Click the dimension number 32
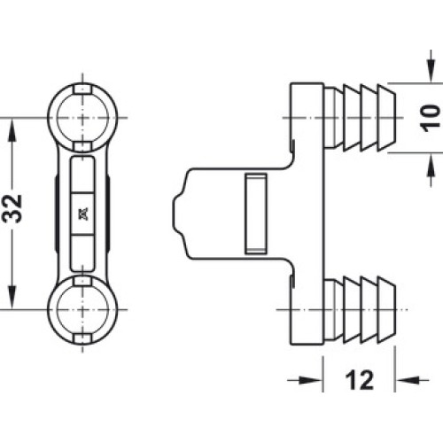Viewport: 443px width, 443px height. click(x=12, y=208)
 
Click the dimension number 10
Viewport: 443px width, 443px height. click(x=430, y=118)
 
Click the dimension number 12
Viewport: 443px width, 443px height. click(x=360, y=380)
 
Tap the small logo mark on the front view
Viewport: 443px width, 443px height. click(x=83, y=214)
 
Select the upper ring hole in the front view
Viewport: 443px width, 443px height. click(x=82, y=118)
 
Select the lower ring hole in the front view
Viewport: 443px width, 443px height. click(x=82, y=310)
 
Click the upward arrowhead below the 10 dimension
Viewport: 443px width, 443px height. click(x=431, y=166)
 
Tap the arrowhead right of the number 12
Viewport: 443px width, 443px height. click(x=408, y=380)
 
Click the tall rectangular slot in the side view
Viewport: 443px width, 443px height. click(x=256, y=214)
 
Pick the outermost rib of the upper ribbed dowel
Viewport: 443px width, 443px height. click(x=386, y=118)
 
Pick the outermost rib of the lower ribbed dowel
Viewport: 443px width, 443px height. click(x=386, y=310)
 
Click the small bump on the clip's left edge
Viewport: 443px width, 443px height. click(x=177, y=214)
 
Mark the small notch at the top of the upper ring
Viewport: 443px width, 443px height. click(x=82, y=89)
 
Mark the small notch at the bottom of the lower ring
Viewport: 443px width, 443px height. click(x=82, y=339)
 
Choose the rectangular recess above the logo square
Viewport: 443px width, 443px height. click(x=82, y=175)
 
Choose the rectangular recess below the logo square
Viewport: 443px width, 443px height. click(x=82, y=253)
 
